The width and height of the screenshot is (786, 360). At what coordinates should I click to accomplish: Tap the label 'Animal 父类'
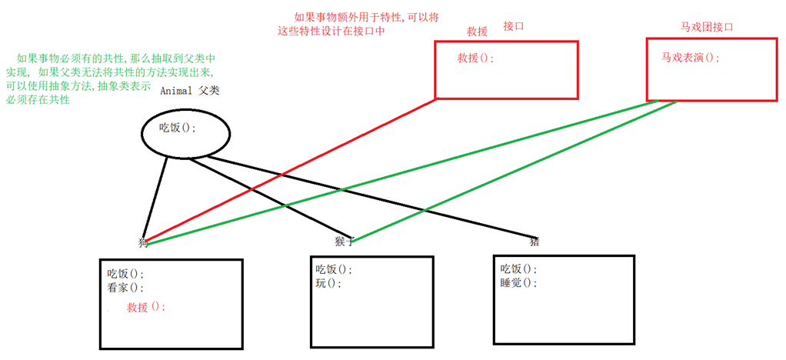(x=190, y=91)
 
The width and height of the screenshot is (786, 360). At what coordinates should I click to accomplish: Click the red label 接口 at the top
(x=513, y=26)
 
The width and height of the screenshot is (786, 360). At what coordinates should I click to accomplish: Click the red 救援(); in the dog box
(x=146, y=306)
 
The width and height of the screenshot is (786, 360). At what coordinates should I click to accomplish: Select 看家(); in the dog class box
(x=125, y=288)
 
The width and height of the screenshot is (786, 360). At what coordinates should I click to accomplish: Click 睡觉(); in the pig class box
(x=519, y=282)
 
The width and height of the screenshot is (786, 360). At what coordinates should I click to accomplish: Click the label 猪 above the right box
(x=534, y=241)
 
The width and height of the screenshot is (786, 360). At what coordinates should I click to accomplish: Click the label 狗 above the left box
(x=143, y=242)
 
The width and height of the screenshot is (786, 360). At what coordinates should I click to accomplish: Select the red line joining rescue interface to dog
(x=292, y=169)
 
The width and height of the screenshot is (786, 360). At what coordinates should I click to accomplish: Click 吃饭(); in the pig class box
(x=519, y=268)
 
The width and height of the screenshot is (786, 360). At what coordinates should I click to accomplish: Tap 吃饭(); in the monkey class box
(x=334, y=269)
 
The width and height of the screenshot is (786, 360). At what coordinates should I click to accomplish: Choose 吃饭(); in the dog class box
(x=125, y=274)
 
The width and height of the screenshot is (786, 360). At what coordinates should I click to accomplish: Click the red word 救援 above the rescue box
(x=478, y=32)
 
